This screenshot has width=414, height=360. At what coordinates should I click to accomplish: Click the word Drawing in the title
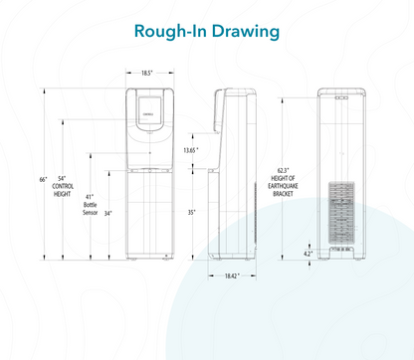[x=246, y=32]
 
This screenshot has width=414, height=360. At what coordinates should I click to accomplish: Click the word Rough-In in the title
[x=170, y=31]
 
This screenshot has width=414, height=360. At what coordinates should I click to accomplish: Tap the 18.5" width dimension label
[x=146, y=73]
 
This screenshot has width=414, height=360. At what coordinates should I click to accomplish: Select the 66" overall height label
[x=44, y=180]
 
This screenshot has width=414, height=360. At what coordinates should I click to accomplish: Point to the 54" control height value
[x=62, y=178]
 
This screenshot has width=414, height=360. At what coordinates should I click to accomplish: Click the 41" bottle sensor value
[x=90, y=197]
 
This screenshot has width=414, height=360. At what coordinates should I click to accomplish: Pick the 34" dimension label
[x=108, y=214]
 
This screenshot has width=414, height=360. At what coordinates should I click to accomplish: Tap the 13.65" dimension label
[x=191, y=150]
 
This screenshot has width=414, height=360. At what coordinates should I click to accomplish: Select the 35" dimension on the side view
[x=192, y=213]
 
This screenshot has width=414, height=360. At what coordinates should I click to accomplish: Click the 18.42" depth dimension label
[x=232, y=275]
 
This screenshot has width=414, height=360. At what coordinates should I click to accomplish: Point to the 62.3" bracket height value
[x=283, y=171]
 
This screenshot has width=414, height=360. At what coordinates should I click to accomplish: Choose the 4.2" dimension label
[x=309, y=254]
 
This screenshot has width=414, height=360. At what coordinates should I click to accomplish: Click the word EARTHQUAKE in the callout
[x=283, y=186]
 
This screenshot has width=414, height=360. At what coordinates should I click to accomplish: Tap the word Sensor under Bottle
[x=90, y=213]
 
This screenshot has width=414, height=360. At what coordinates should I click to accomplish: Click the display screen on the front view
[x=149, y=110]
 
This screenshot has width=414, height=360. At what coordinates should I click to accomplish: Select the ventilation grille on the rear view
[x=341, y=212]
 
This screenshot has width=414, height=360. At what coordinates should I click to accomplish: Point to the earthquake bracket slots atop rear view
[x=341, y=97]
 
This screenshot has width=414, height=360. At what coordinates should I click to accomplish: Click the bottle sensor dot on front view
[x=150, y=153]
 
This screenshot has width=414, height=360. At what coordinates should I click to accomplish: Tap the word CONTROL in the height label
[x=63, y=186]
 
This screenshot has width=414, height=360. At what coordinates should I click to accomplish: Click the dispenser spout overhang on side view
[x=218, y=110]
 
